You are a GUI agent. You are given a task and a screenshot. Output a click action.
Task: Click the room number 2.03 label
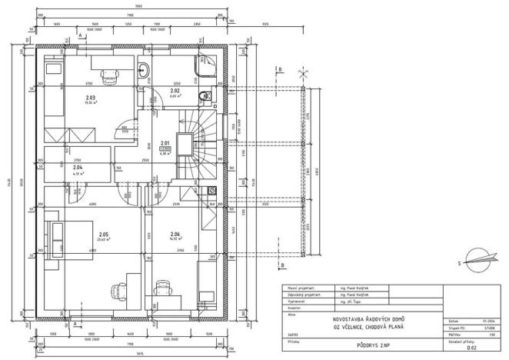pyautogui.click(x=91, y=98)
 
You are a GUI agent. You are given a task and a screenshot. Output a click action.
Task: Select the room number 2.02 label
pyautogui.click(x=175, y=91)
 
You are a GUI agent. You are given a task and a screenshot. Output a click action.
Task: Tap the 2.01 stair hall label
pyautogui.click(x=165, y=142)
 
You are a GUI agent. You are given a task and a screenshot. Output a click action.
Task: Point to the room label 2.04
pyautogui.click(x=78, y=167)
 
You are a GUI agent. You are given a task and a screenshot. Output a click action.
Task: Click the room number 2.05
pyautogui.click(x=104, y=234)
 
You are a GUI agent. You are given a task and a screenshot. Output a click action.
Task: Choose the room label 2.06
pyautogui.click(x=175, y=234)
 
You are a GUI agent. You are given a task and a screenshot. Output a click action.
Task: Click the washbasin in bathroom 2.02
pyautogui.click(x=145, y=72)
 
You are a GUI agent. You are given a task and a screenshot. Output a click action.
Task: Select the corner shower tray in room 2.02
pyautogui.click(x=205, y=66)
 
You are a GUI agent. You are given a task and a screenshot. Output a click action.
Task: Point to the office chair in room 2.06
pyautogui.click(x=163, y=288)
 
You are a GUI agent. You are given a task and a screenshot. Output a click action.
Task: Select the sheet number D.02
pyautogui.click(x=471, y=347)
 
